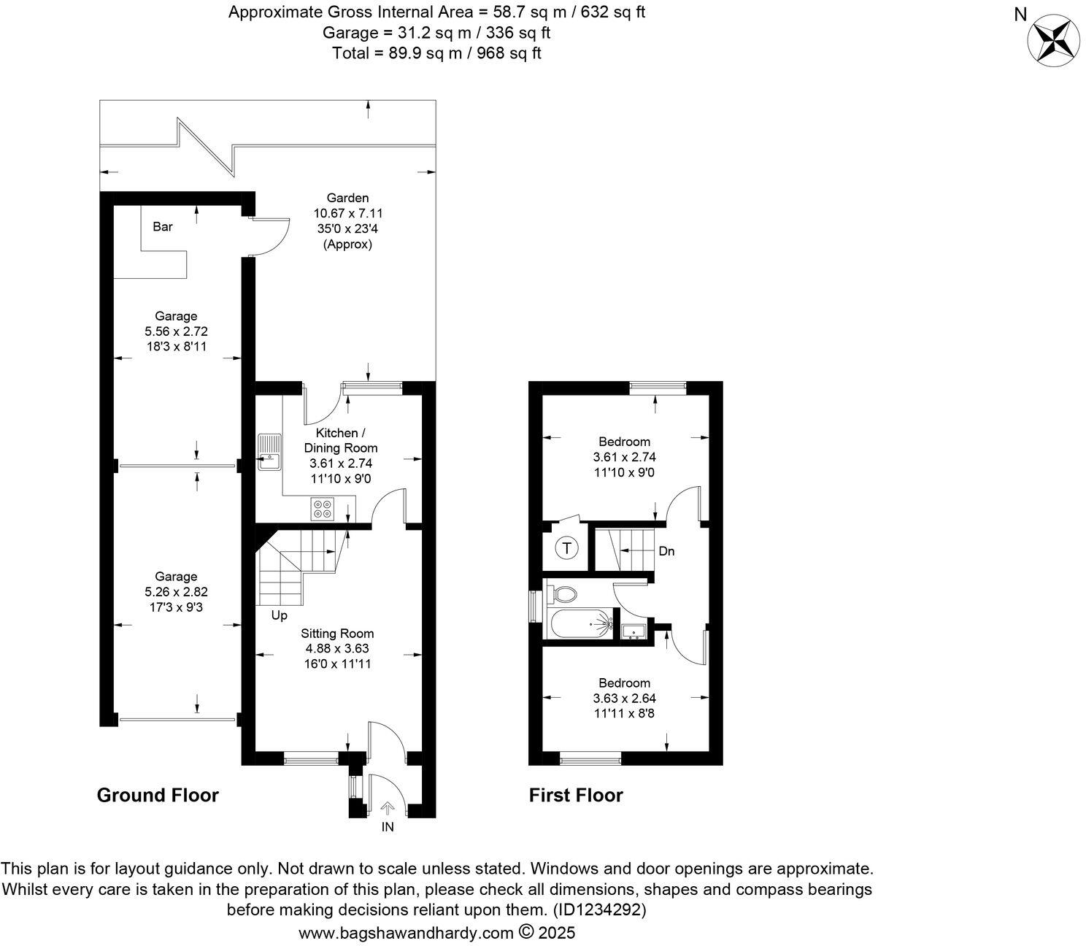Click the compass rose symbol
pos(1054,39)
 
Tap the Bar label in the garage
pos(163,227)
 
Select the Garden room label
pos(347,198)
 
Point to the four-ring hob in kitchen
pos(323,508)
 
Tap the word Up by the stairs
pos(279,616)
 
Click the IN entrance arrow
pos(388,809)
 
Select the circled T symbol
pos(567,547)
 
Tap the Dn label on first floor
pos(666,551)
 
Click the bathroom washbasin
pos(632,631)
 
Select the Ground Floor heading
pos(158,795)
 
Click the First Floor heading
pos(576,795)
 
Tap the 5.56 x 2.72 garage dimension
pos(176,331)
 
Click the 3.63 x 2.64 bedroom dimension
pos(624,699)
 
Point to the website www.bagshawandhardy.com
pos(407,933)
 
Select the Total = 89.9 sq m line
pos(436,53)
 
